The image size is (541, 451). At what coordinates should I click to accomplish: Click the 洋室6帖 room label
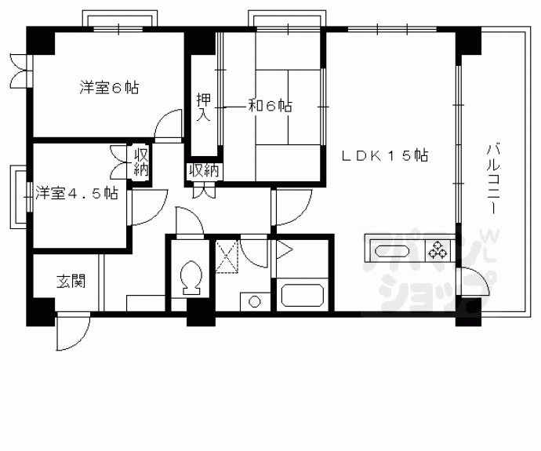coord(109,88)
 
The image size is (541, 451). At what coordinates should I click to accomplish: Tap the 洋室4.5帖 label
coord(76,193)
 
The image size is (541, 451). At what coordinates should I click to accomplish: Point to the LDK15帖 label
coord(384,156)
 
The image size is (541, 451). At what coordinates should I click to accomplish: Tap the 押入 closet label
coord(202,107)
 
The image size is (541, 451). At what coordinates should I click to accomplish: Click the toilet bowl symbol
coord(189,279)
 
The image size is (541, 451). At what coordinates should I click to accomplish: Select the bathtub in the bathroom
coord(301,296)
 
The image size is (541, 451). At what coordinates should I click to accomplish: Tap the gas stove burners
coord(437,252)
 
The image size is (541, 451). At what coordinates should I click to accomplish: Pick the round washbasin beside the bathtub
coord(254,300)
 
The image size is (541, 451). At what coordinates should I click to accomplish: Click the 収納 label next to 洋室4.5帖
coord(141,162)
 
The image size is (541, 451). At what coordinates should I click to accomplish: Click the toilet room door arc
coord(188,223)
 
